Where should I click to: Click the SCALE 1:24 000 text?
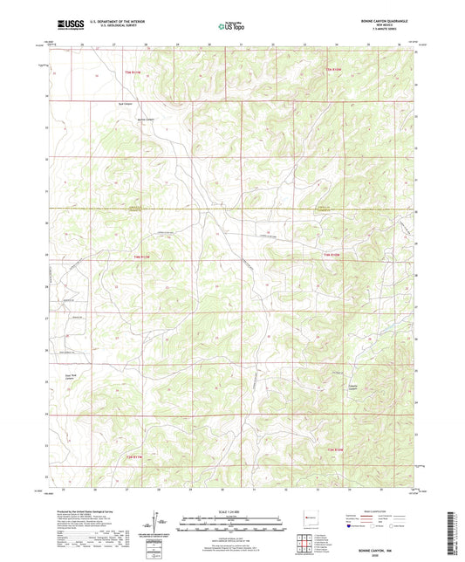tap(232, 511)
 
